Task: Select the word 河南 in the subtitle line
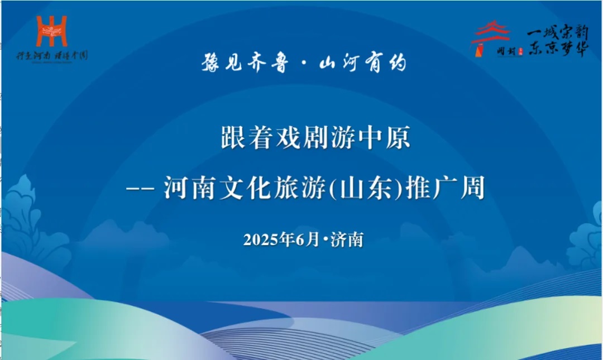click(186, 190)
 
